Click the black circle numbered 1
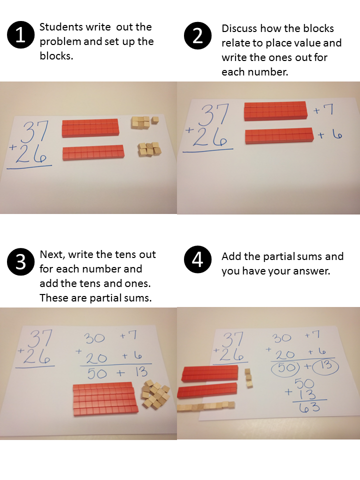click(x=20, y=35)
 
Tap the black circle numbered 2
click(x=197, y=35)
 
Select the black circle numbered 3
click(x=20, y=262)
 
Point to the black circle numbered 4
click(x=197, y=259)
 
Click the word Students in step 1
click(x=61, y=27)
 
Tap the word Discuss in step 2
click(x=239, y=28)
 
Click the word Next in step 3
click(x=52, y=254)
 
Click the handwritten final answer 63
click(x=309, y=407)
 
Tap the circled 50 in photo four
click(x=284, y=367)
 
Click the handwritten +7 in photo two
click(x=323, y=109)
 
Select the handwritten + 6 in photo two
click(x=330, y=134)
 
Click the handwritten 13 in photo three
click(x=141, y=372)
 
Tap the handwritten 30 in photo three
click(x=94, y=338)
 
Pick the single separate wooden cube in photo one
click(x=155, y=120)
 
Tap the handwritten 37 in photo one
click(x=36, y=131)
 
